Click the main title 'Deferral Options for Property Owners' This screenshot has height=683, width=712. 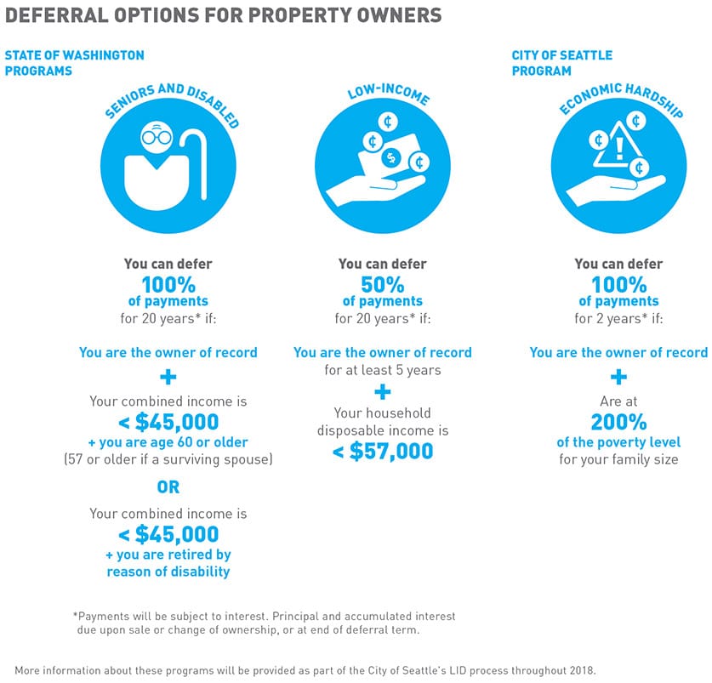coord(224,15)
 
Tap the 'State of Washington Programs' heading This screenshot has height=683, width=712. coord(74,63)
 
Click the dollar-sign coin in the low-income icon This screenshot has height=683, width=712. coord(391,157)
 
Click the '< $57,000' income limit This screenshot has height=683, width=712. coord(382,451)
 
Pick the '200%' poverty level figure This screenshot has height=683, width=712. coord(618,421)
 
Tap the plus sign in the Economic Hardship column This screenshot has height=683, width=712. coord(618,376)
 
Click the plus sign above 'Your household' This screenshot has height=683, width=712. coord(382,392)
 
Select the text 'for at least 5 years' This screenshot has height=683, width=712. coord(382,370)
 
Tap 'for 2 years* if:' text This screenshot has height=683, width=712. coord(618,319)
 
